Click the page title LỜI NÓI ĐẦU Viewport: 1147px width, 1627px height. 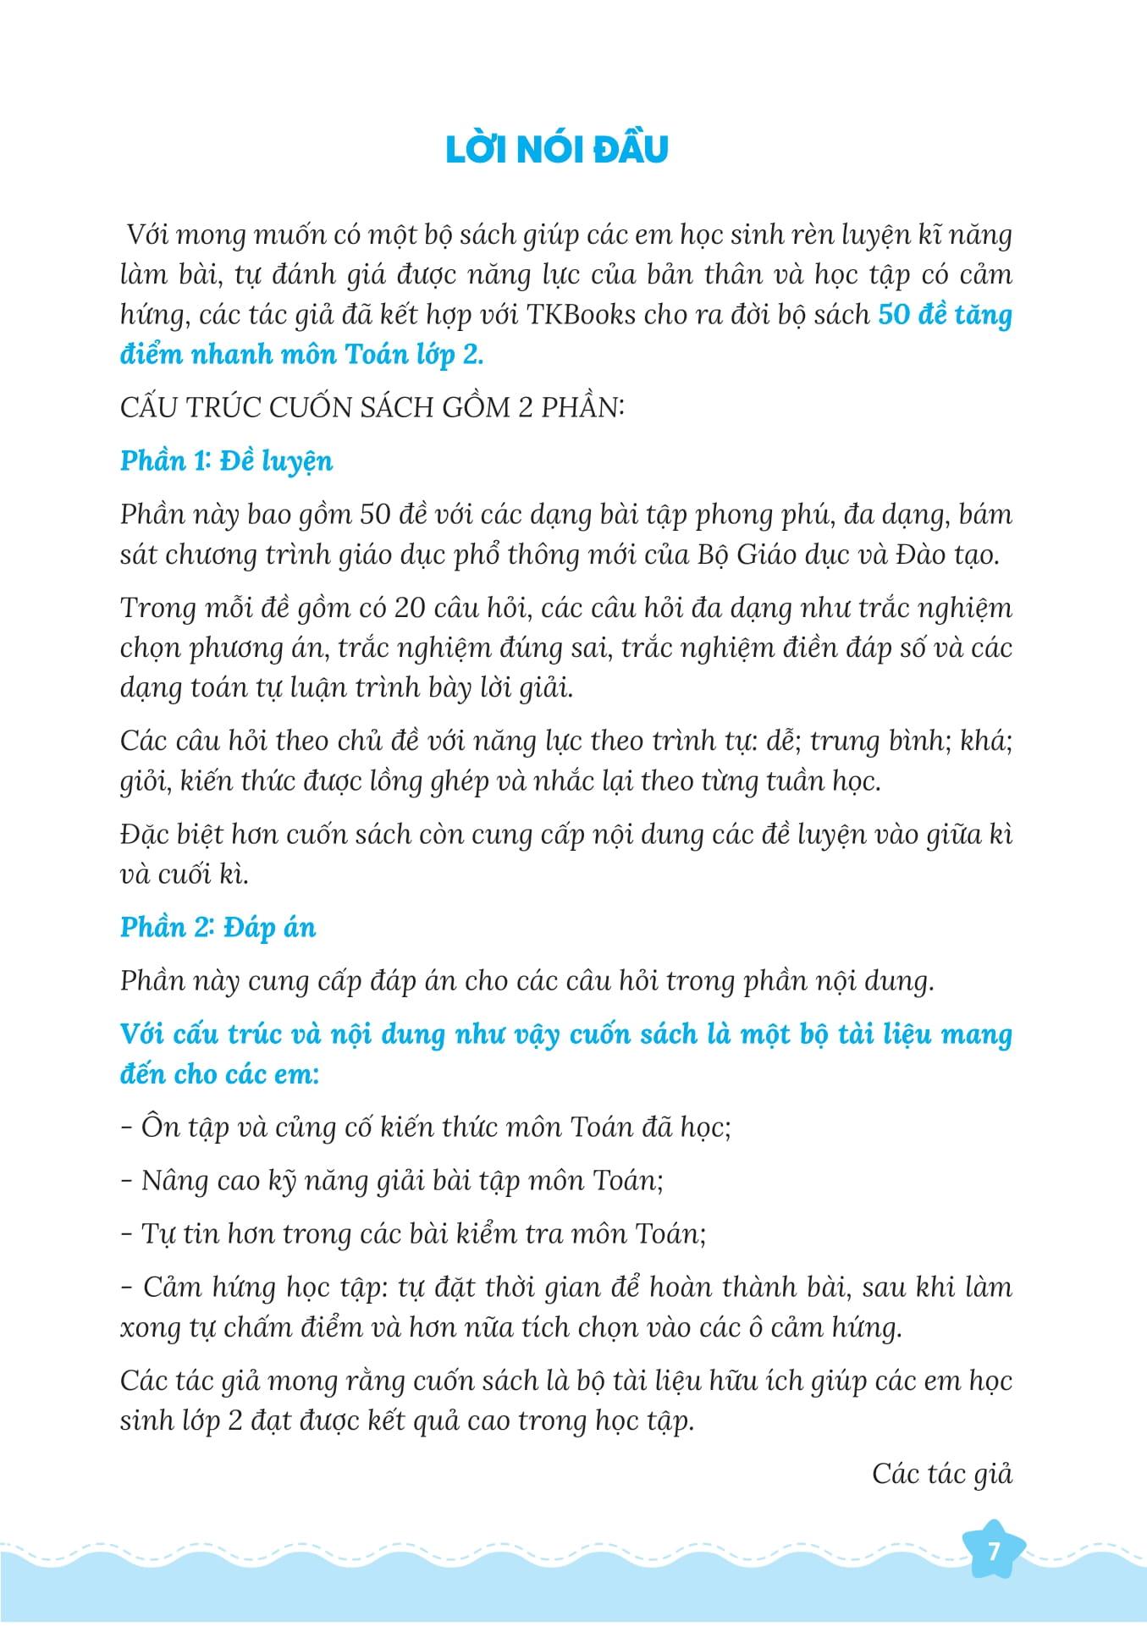[x=556, y=149]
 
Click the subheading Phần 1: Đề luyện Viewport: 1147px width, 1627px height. [x=226, y=461]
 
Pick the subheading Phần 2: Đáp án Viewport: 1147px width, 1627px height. [x=218, y=928]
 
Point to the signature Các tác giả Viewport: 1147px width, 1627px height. [x=941, y=1474]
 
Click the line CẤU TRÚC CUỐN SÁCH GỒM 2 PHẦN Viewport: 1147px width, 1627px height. [x=372, y=408]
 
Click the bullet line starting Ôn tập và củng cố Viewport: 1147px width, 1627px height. [x=426, y=1128]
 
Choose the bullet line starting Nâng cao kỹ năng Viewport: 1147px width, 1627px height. [x=392, y=1181]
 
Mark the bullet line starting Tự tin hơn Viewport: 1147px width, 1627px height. [x=413, y=1234]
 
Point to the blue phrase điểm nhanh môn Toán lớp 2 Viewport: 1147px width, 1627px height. [x=301, y=355]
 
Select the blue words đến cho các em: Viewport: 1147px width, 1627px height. [x=219, y=1075]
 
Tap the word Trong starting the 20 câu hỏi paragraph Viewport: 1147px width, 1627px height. [x=159, y=609]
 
